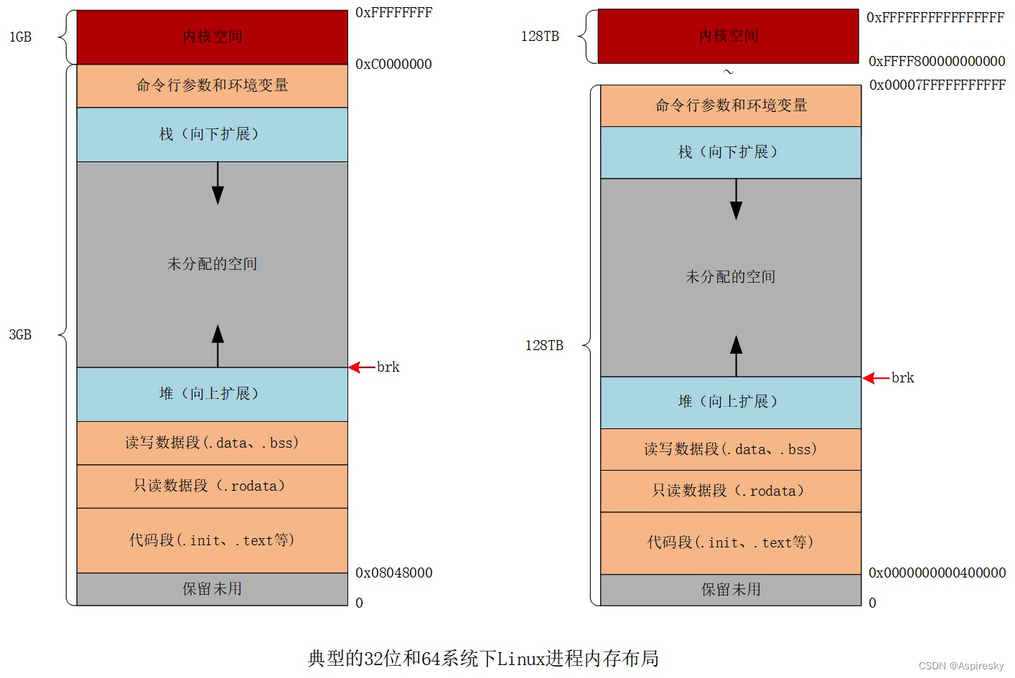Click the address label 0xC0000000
pos(393,65)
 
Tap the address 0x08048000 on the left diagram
pos(394,573)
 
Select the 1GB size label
pos(20,37)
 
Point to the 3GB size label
pos(20,334)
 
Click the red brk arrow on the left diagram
pos(361,367)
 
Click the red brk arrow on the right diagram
pos(875,378)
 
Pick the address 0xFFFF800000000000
pos(937,62)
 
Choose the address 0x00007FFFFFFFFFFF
pos(937,85)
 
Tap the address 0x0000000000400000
pos(937,573)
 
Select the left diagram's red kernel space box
pos(212,37)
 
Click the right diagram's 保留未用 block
pos(730,590)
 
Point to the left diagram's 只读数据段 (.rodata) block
pos(212,486)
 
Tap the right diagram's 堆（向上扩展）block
pos(730,402)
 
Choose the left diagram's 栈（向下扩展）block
pos(212,134)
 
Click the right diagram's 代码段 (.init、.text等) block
pos(730,542)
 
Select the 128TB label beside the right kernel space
pos(540,36)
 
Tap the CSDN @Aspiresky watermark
pos(961,666)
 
